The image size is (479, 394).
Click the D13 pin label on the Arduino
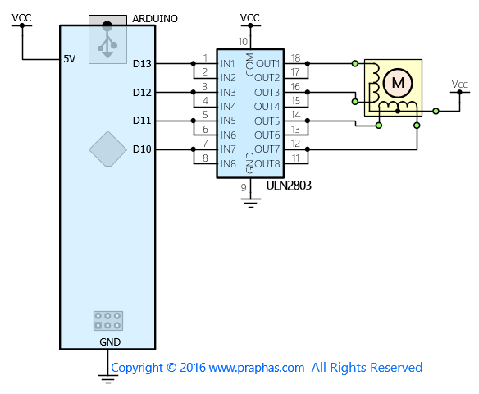pos(142,64)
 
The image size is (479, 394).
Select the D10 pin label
pos(142,149)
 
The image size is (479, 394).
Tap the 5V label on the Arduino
pos(70,58)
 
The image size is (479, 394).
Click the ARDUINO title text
pos(155,19)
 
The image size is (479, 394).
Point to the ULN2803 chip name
pos(289,186)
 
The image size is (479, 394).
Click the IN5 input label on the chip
pos(228,121)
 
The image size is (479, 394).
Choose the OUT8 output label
pos(267,164)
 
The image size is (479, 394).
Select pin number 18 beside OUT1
pos(295,57)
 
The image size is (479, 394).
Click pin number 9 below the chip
pos(244,187)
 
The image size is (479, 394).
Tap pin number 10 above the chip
pos(243,42)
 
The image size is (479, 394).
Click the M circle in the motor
pos(398,83)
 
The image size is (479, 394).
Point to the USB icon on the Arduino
pos(107,39)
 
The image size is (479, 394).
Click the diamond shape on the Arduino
pos(107,149)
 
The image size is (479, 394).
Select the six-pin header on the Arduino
pos(108,321)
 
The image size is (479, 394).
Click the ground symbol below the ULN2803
pos(251,203)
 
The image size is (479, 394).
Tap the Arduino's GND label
pos(110,341)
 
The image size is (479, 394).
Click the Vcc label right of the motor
pos(459,84)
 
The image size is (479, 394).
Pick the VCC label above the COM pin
pos(250,18)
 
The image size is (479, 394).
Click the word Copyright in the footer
pos(137,368)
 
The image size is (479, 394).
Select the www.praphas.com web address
pos(257,368)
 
